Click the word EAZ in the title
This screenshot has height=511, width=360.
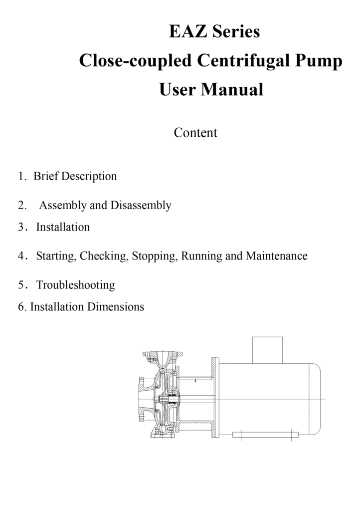click(188, 31)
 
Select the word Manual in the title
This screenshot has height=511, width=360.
click(232, 90)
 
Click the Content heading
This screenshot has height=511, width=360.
click(195, 133)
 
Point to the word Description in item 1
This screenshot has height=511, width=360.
click(89, 177)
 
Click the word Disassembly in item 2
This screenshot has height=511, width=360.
click(141, 206)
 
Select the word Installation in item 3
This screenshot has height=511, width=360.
click(63, 227)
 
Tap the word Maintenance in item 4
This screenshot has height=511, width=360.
click(276, 256)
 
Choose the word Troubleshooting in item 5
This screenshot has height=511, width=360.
click(75, 285)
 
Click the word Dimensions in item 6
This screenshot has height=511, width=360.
click(115, 307)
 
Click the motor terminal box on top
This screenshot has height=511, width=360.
click(268, 350)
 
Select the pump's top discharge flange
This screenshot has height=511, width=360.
click(163, 354)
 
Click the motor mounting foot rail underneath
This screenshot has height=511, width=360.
click(265, 435)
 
